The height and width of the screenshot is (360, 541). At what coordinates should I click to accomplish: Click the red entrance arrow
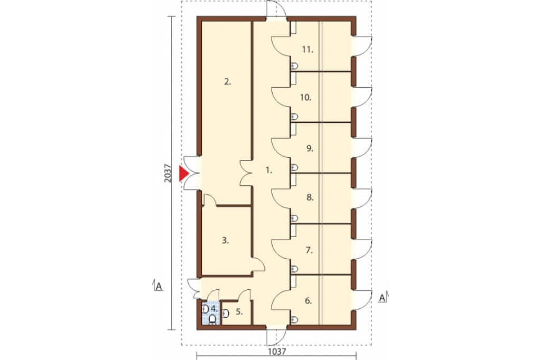tap(183, 173)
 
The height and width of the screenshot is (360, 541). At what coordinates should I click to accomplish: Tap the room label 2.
tap(227, 82)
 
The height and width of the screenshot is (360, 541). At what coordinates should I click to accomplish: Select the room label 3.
tap(225, 241)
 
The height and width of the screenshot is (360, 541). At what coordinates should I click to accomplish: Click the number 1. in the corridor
tap(269, 170)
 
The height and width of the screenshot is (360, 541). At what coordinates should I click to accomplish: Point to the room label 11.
tap(307, 50)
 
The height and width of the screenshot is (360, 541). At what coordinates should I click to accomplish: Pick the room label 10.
tap(306, 98)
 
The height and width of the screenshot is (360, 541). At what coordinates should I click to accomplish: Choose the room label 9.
tap(310, 149)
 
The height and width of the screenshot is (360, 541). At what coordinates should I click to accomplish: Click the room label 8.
tap(310, 198)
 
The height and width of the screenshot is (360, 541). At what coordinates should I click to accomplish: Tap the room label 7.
tap(309, 250)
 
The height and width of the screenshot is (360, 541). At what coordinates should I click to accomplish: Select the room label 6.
tap(309, 301)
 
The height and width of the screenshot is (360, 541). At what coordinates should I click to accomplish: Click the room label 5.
tap(239, 312)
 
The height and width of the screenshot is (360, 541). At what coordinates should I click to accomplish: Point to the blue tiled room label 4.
tap(214, 308)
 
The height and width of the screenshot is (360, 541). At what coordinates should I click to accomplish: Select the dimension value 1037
tap(277, 352)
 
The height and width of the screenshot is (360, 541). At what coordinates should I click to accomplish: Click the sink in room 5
tap(226, 314)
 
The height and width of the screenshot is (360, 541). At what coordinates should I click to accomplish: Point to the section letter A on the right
tap(383, 298)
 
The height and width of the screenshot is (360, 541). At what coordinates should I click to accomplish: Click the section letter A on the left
tap(158, 287)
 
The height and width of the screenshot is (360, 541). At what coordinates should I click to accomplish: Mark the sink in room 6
tap(294, 320)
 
